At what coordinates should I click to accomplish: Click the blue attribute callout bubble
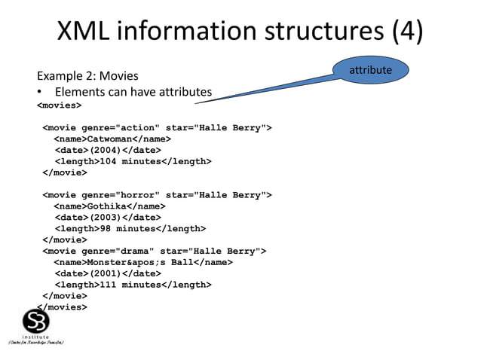370,70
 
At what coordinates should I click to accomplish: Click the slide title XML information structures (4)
240,31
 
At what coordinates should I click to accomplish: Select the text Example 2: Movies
87,76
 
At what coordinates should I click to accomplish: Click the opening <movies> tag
60,105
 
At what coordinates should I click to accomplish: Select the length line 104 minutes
132,161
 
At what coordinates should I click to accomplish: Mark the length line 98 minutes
129,228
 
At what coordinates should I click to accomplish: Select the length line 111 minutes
132,285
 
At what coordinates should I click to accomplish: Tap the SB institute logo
35,324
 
